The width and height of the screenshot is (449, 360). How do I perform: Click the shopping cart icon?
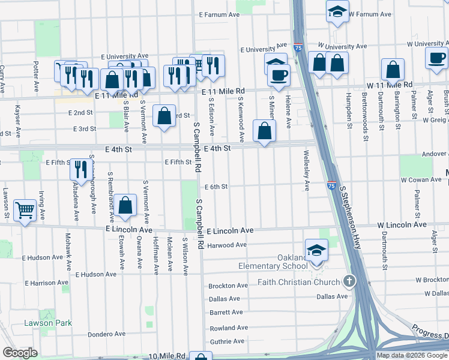pos(25,209)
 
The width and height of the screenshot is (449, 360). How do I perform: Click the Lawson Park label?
pos(48,323)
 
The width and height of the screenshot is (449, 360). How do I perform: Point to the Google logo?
pos(20,353)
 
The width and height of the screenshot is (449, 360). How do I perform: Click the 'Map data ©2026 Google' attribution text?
pos(412,355)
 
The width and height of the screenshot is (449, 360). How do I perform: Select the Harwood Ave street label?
pos(227,245)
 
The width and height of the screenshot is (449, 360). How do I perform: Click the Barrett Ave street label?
pos(226,312)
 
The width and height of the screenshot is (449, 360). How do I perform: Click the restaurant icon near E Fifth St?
pos(80,169)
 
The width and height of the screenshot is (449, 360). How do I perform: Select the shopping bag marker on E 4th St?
pos(264,130)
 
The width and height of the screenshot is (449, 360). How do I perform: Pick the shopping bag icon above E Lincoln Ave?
pos(125,206)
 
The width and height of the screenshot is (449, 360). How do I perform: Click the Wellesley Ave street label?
pos(307,175)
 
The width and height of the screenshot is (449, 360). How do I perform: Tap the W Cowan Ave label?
pos(421,179)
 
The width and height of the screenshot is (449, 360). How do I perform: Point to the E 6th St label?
pos(216,187)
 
